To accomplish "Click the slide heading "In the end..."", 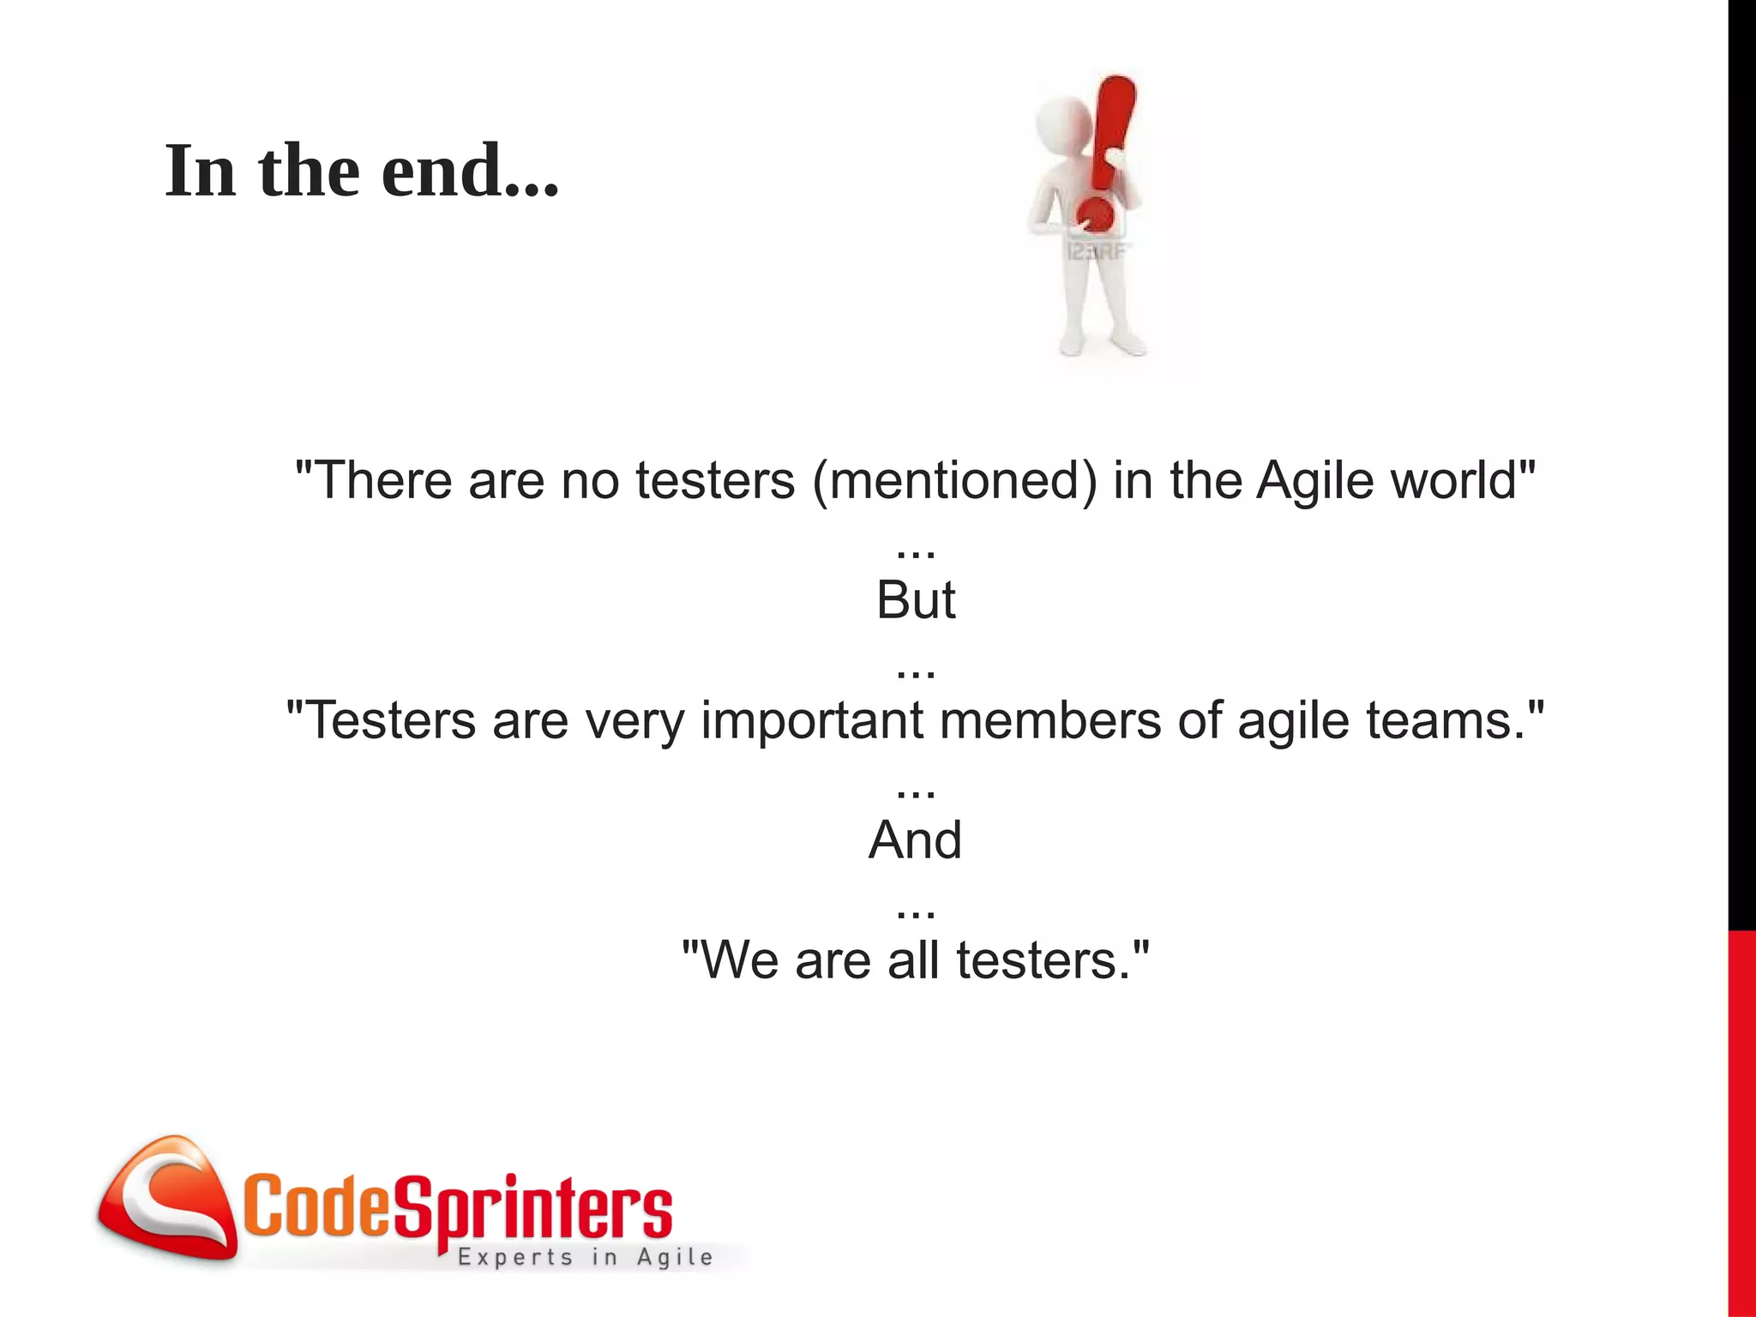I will click(361, 171).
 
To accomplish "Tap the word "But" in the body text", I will click(915, 600).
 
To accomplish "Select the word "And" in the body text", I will click(915, 840).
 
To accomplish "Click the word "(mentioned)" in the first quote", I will click(954, 480).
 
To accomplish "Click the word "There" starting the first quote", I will click(384, 480).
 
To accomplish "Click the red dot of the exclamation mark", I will click(1096, 214).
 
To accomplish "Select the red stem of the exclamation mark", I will click(1113, 129).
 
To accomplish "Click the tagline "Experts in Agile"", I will click(586, 1257).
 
